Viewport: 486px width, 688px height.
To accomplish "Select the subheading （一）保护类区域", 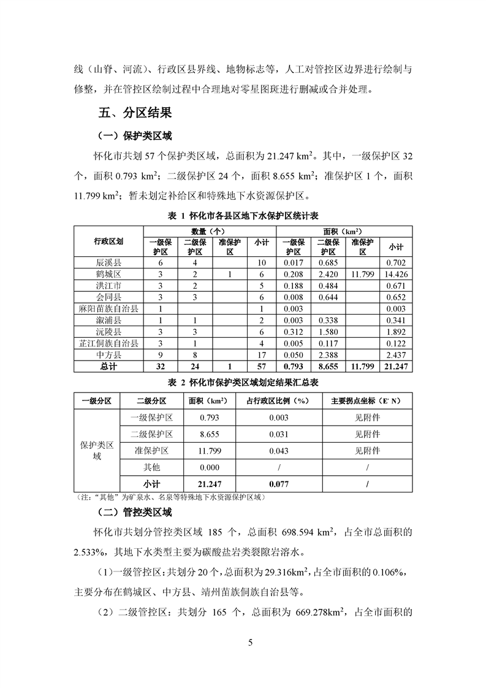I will click(x=135, y=136).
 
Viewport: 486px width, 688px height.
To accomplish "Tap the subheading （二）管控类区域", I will click(x=135, y=512).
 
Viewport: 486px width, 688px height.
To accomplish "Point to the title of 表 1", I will click(x=243, y=216).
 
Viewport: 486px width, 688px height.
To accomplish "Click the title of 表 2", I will click(x=243, y=382).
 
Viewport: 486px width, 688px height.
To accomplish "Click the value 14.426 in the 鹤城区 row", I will click(x=396, y=274).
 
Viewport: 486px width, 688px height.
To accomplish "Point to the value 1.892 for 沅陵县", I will click(x=396, y=331).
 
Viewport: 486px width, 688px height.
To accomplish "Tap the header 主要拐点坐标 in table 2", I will click(x=366, y=400).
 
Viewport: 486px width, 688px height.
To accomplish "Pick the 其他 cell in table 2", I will click(x=151, y=467).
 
